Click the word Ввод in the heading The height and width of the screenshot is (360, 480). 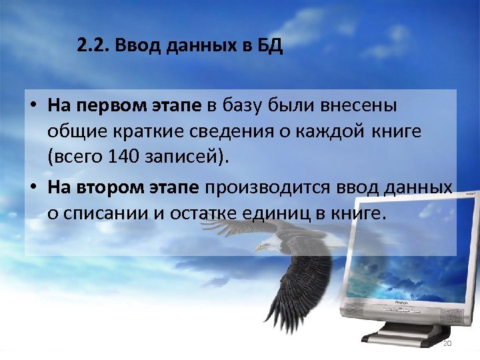pyautogui.click(x=135, y=47)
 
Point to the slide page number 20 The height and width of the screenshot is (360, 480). pyautogui.click(x=447, y=343)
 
